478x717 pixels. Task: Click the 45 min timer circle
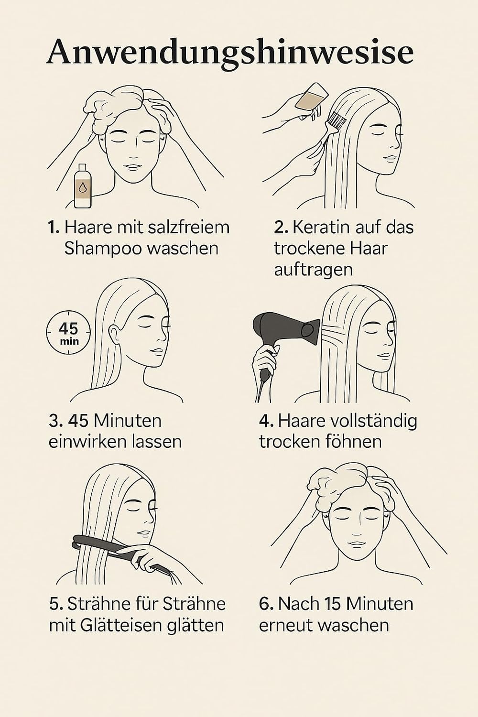[68, 333]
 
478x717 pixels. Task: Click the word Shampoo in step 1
[102, 249]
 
